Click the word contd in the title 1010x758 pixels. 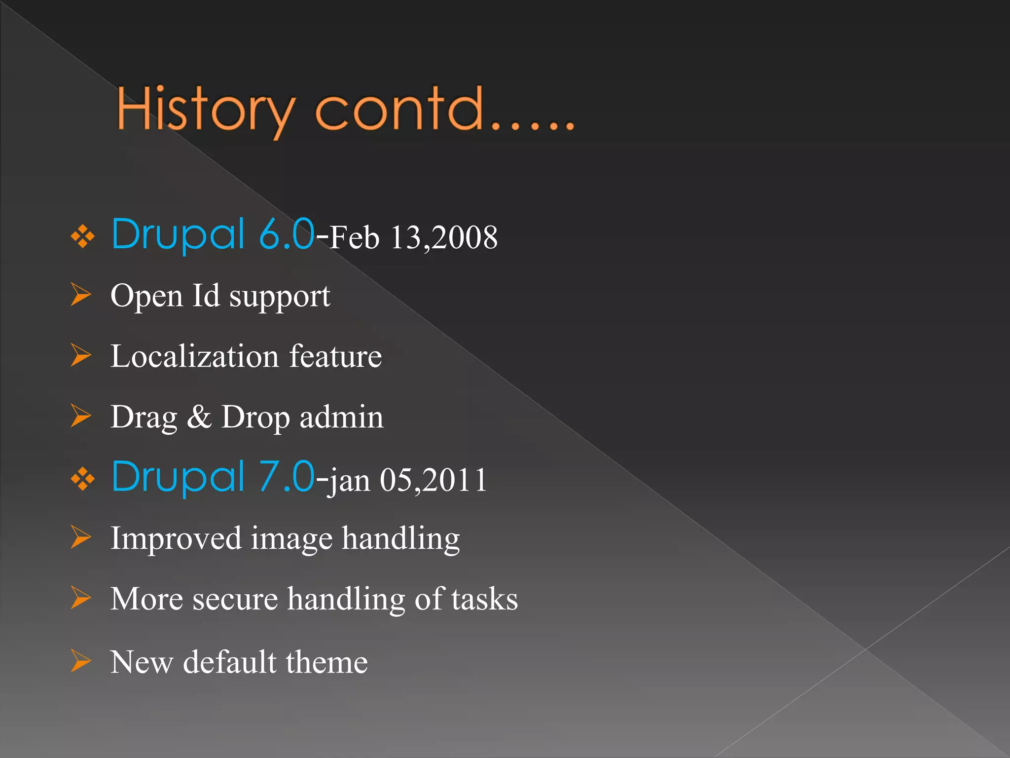tap(398, 110)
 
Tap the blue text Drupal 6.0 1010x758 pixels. tap(213, 234)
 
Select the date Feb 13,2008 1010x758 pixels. tap(413, 238)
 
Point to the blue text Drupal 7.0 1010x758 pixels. tap(213, 477)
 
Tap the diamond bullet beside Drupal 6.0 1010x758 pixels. tap(82, 237)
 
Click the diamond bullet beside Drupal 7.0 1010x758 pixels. tap(82, 479)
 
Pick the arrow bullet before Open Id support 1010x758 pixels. tap(80, 295)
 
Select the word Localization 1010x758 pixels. tap(195, 356)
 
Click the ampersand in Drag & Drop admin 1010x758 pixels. tap(199, 417)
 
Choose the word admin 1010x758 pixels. tap(341, 417)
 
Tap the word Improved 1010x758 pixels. tap(176, 538)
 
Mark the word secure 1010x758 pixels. tap(235, 599)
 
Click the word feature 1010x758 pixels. tap(335, 356)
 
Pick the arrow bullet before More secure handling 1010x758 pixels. tap(80, 598)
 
